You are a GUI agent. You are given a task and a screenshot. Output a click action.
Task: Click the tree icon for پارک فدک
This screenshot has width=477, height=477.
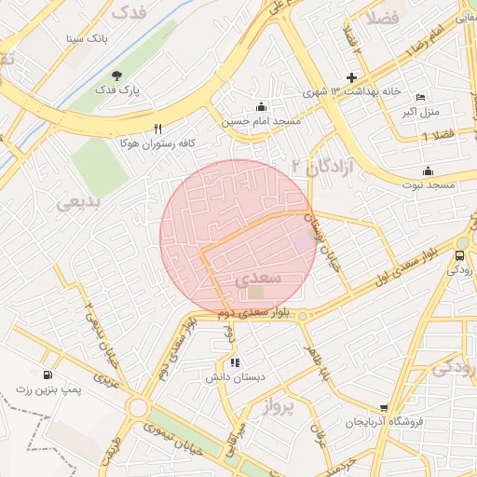pos(116,75)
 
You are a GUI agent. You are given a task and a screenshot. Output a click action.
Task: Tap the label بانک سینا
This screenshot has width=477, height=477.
pos(86,39)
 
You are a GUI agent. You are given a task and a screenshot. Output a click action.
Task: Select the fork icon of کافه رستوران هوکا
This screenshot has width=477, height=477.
pos(157,129)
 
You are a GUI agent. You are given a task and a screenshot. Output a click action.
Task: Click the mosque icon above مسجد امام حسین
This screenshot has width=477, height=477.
pos(260,105)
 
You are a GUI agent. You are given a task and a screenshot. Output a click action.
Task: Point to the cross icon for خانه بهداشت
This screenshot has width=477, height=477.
pos(351,77)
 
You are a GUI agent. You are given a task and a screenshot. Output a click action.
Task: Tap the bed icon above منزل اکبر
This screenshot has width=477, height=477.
pos(420,98)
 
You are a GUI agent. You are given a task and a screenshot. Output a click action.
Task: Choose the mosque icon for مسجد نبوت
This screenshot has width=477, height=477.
pos(428,170)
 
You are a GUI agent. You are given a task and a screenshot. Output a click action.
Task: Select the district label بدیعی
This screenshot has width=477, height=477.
pos(77,201)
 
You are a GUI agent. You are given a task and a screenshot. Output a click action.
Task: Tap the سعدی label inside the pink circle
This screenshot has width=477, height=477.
pos(254,278)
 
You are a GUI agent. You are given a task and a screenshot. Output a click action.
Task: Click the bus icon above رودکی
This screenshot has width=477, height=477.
pos(459,255)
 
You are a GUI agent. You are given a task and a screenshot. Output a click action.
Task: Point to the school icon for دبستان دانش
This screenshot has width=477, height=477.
pos(234,362)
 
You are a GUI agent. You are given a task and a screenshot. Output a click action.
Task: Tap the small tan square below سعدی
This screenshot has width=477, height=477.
pos(255,293)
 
